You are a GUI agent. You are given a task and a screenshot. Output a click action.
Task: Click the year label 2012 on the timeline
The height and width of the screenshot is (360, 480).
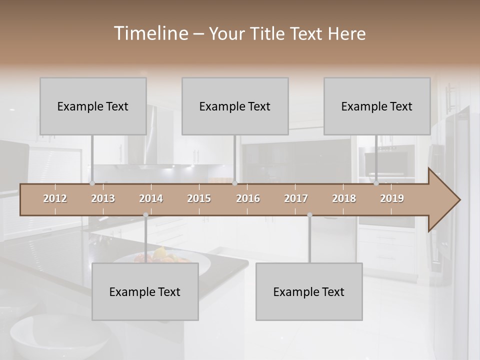click(55, 198)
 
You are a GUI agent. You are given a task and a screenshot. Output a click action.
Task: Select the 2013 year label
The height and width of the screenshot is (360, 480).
click(103, 198)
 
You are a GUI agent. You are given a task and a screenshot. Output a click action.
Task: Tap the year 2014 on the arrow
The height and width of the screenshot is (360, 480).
click(151, 198)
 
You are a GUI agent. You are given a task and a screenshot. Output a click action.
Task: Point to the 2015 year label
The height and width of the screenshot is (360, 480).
click(199, 198)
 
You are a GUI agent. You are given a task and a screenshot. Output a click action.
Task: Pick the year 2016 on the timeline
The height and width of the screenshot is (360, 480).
click(248, 198)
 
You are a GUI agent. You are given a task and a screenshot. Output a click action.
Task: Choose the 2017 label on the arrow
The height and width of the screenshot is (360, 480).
click(296, 198)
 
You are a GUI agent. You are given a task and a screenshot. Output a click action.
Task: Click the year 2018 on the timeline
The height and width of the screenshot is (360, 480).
click(344, 198)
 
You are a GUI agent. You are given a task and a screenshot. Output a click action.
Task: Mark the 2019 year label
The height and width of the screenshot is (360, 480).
click(392, 198)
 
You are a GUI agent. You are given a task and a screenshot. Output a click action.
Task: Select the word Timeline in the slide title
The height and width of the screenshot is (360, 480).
click(150, 33)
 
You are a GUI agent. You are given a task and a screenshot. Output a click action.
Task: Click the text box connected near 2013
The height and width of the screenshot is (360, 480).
click(93, 106)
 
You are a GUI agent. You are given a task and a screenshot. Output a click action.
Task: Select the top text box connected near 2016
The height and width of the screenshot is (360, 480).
click(235, 106)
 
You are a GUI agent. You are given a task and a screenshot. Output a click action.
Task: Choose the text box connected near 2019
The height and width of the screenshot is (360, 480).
click(377, 106)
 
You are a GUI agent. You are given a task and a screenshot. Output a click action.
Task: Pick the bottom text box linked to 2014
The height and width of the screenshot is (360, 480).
click(145, 291)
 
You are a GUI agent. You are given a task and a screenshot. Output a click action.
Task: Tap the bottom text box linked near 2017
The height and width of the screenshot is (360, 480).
click(309, 291)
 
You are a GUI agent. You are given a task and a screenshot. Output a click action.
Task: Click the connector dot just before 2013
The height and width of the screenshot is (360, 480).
click(92, 183)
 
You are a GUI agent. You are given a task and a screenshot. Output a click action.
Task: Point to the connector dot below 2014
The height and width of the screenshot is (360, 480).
click(145, 215)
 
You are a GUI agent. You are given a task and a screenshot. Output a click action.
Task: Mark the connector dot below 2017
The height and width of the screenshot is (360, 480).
click(309, 215)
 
